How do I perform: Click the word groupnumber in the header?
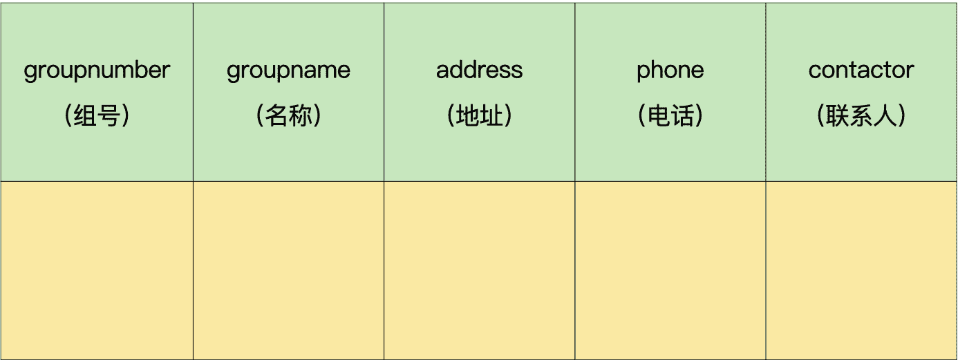(x=97, y=70)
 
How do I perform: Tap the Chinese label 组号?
(x=97, y=116)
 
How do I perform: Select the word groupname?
(x=288, y=70)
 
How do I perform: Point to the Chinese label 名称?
(x=288, y=116)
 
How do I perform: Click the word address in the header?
(x=479, y=70)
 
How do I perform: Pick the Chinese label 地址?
(x=479, y=116)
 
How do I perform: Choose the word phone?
(x=670, y=70)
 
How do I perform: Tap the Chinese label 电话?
(x=670, y=116)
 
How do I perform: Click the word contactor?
(x=861, y=70)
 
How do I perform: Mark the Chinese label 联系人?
(x=861, y=116)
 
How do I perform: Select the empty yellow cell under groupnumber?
(x=97, y=270)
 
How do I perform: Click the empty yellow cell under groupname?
(x=288, y=270)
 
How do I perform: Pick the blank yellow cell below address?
(x=479, y=270)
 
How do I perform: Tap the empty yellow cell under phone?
(x=670, y=270)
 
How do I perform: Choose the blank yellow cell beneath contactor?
(x=861, y=270)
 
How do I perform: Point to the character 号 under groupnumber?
(x=109, y=116)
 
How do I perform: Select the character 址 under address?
(x=491, y=116)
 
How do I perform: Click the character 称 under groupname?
(x=300, y=116)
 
